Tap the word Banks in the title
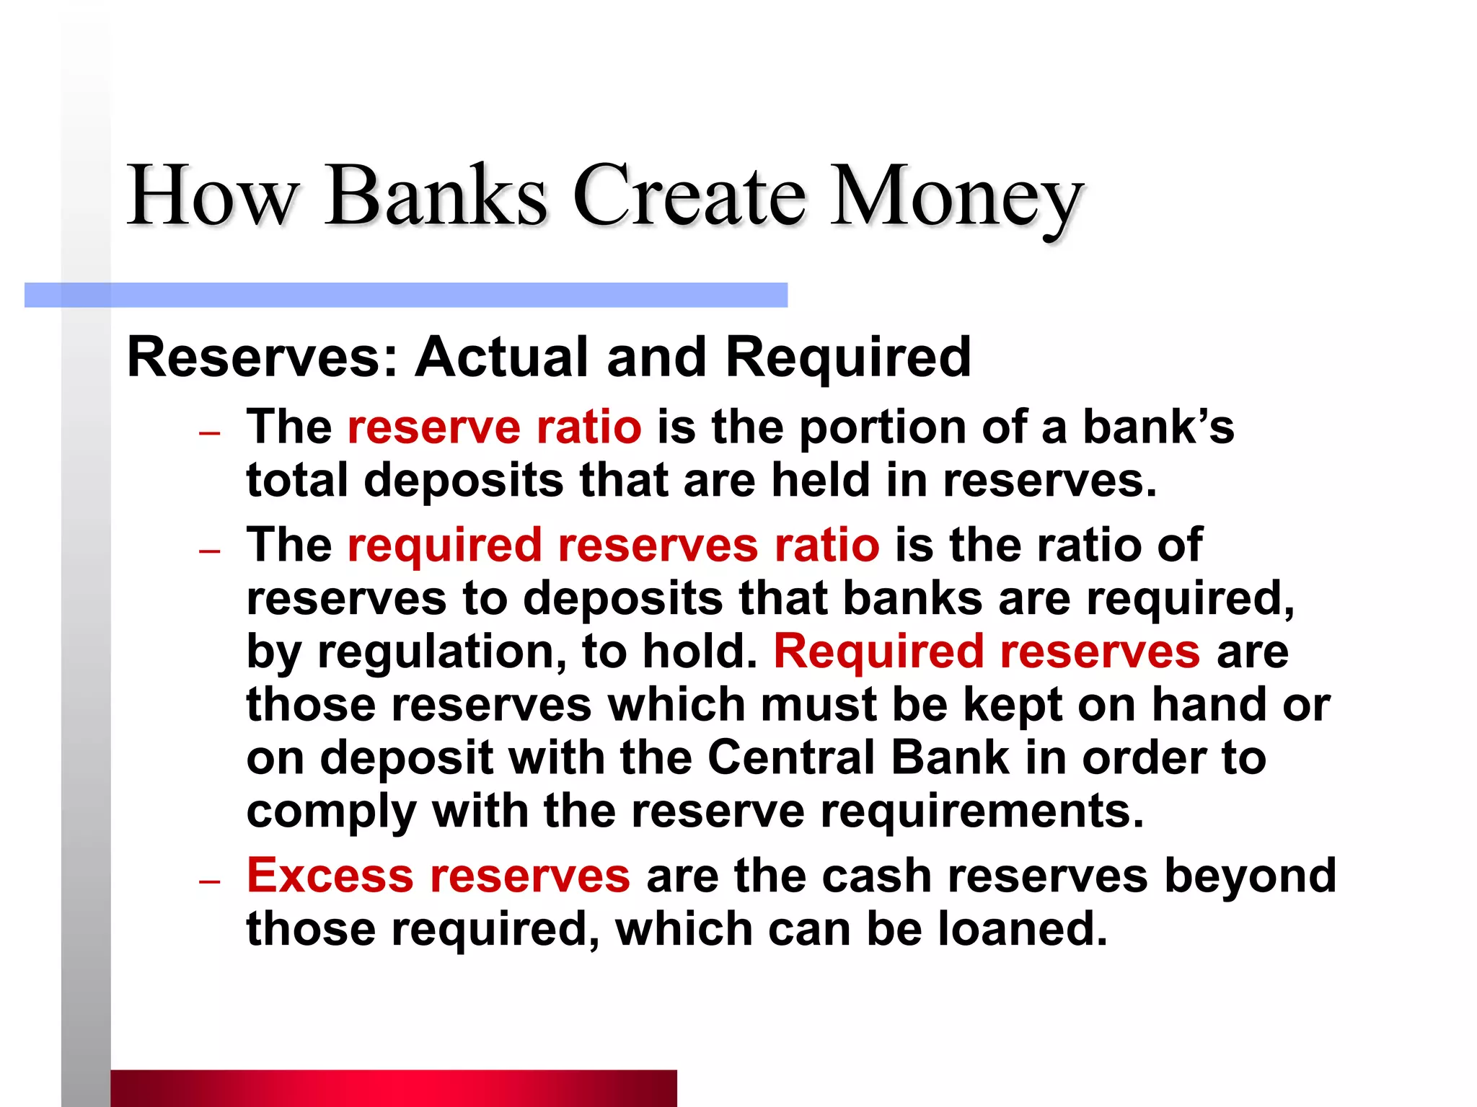(436, 196)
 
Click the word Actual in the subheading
(503, 357)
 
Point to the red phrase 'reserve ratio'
(494, 427)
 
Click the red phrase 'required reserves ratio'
(613, 545)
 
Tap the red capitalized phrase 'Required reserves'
(987, 652)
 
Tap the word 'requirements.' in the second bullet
(982, 812)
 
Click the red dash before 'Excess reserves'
(209, 881)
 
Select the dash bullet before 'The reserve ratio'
(209, 433)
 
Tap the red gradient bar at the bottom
(393, 1088)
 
